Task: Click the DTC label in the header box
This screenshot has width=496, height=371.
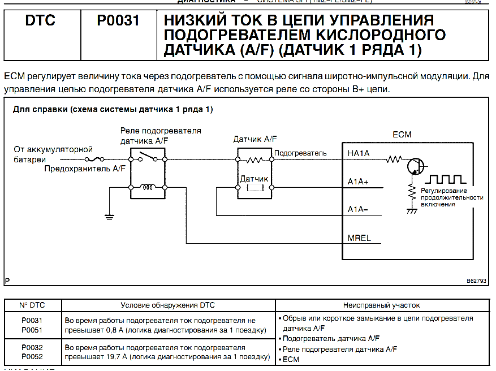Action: pos(40,21)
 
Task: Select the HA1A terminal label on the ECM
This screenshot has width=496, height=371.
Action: pos(359,153)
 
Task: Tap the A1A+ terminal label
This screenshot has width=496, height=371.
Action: pos(359,182)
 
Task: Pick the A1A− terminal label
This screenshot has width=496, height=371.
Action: pos(358,209)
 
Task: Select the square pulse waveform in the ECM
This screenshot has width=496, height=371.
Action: pos(447,180)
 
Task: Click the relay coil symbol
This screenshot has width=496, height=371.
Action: pos(148,187)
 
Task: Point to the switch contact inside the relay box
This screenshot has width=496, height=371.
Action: pos(148,156)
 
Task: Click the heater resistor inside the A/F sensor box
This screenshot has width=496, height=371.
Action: pos(255,161)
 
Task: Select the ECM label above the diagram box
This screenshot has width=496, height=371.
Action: pos(402,135)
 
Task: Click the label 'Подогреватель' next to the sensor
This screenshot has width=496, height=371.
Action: pos(300,153)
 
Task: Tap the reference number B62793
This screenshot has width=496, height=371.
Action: pos(477,281)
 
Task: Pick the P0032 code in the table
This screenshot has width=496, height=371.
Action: pos(32,347)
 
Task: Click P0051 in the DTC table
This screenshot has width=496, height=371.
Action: pos(32,329)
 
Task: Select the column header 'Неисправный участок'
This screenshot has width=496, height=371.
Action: pos(381,305)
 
